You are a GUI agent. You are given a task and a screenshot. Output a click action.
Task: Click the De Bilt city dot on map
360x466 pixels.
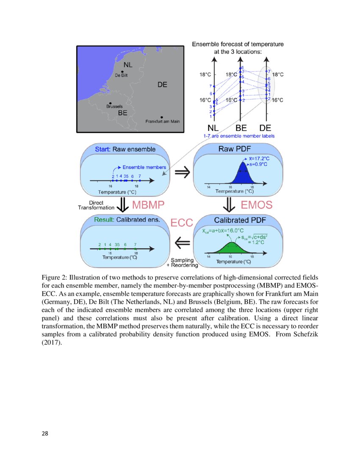(x=122, y=72)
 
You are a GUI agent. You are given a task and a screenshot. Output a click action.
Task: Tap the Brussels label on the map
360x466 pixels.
(x=114, y=107)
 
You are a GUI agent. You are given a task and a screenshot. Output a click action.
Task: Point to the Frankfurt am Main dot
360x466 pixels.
(x=162, y=117)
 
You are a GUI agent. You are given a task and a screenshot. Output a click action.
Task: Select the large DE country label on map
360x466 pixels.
(x=162, y=85)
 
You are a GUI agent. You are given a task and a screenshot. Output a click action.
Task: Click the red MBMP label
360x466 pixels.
(x=148, y=205)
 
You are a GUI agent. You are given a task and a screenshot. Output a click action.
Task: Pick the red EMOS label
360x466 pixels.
(x=257, y=205)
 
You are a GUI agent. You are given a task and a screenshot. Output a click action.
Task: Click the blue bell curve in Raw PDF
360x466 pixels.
(x=242, y=175)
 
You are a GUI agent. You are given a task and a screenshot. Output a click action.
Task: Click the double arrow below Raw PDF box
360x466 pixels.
(x=229, y=205)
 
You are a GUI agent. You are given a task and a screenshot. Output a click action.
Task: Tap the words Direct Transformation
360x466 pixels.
(x=96, y=205)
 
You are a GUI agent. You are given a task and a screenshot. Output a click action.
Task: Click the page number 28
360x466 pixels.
(x=45, y=433)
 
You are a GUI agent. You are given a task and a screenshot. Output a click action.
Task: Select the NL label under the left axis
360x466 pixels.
(x=213, y=128)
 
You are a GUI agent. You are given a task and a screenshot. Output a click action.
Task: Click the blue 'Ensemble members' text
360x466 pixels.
(x=144, y=167)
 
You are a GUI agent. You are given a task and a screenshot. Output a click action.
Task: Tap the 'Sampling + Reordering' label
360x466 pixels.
(x=182, y=263)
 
